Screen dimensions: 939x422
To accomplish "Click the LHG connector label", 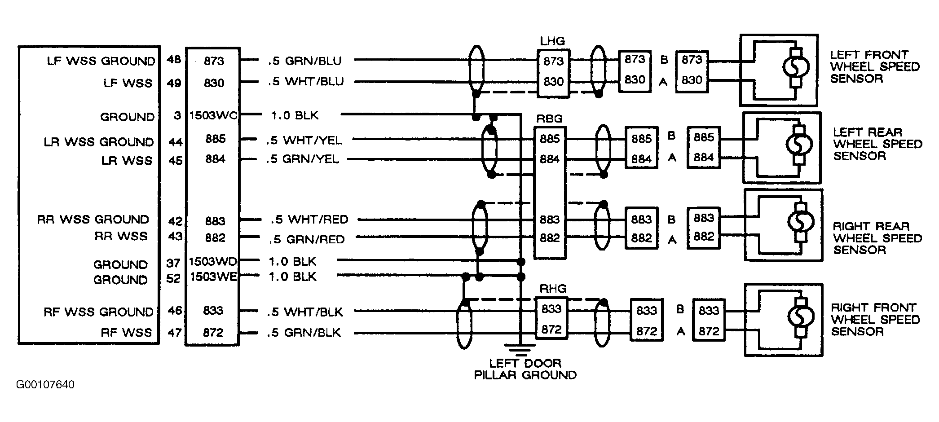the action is point(552,41).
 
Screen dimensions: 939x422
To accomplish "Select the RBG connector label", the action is point(549,119).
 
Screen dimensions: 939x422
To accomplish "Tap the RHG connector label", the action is point(553,289).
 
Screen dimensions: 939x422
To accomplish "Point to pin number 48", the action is point(174,60).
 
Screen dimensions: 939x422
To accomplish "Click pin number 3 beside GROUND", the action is point(177,115).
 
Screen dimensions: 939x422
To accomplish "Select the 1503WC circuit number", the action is point(213,115).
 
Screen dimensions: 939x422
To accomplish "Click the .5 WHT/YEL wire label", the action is point(304,140).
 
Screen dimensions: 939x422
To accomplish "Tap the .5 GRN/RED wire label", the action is point(307,239).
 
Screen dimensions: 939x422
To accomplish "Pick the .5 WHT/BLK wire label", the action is point(305,312).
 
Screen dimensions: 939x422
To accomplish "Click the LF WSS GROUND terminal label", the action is point(101,61).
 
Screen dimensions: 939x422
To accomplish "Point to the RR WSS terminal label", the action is point(121,236).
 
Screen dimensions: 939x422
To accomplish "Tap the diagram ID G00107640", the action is point(45,385).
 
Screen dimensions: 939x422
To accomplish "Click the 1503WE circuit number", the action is point(213,277).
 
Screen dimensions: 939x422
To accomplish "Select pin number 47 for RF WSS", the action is point(175,333).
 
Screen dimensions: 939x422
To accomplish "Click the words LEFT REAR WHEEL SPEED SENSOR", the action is point(877,144).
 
